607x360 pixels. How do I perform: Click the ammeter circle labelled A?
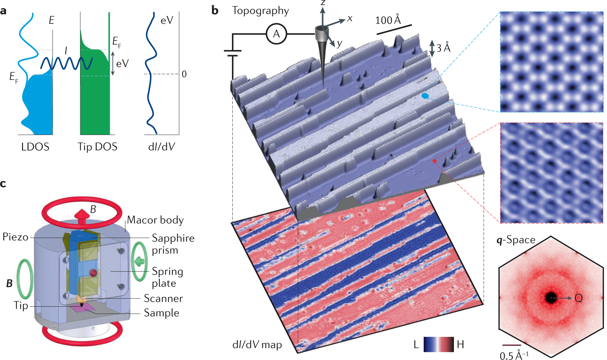coord(276,34)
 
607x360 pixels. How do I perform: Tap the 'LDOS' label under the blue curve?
coord(35,147)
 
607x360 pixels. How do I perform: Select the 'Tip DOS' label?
coord(97,147)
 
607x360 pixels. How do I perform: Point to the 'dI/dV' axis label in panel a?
coord(162,147)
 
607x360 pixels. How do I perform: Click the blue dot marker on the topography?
coord(425,96)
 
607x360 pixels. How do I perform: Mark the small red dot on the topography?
coord(434,161)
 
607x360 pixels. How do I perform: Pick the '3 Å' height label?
coord(443,48)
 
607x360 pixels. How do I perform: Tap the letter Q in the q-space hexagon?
coord(579,298)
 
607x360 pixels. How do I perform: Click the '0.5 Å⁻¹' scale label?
coord(514,355)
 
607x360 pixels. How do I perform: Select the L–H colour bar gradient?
coord(439,344)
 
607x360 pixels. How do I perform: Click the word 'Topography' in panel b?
coord(260,11)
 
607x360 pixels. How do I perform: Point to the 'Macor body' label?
coord(155,220)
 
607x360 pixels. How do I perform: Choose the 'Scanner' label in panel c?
coord(163,299)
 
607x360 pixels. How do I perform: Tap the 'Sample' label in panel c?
coord(161,313)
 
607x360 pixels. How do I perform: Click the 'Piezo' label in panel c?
coord(15,237)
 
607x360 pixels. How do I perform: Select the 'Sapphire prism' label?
coord(173,244)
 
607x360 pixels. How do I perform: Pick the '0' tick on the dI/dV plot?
coord(184,74)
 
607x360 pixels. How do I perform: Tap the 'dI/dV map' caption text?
coord(257,345)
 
